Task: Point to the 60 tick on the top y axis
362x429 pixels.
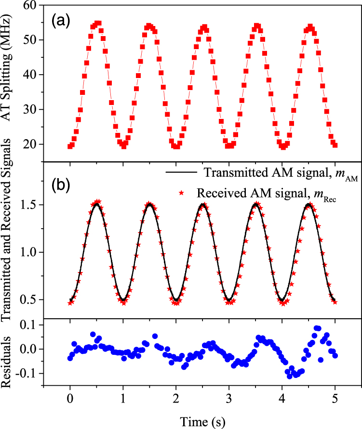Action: pyautogui.click(x=31, y=6)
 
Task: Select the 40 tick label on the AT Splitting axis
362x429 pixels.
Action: pyautogui.click(x=31, y=75)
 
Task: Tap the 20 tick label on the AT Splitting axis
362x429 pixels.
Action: pyautogui.click(x=31, y=144)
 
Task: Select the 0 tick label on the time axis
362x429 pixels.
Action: pyautogui.click(x=70, y=400)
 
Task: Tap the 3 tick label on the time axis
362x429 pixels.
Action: pyautogui.click(x=229, y=400)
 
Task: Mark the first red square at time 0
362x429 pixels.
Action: pyautogui.click(x=70, y=146)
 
